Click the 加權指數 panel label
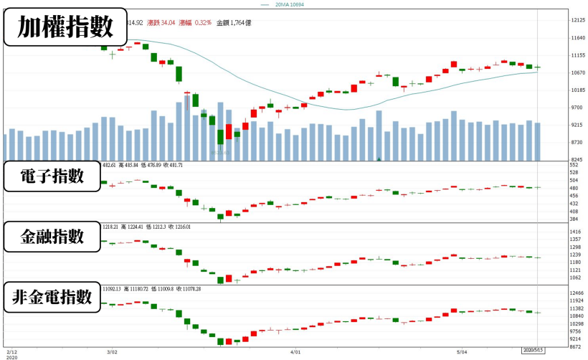pos(65,27)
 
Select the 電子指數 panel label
pos(53,177)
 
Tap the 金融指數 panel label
pos(53,237)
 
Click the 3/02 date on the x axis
pos(112,352)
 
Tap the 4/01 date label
pos(295,352)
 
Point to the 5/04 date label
pos(463,352)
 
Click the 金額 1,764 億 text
pos(234,23)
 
